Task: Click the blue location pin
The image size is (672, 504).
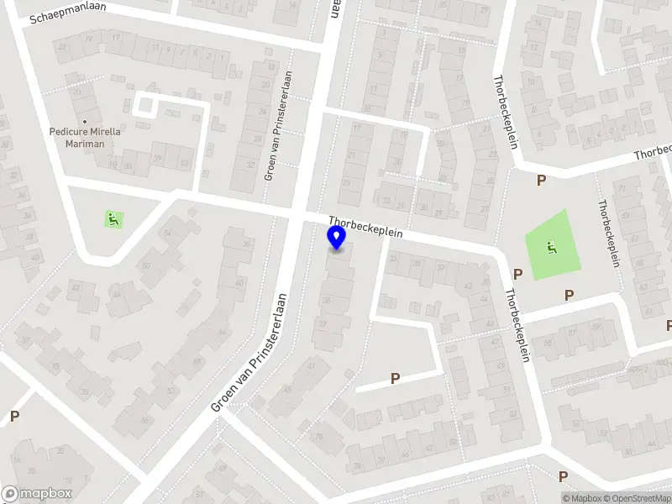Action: [337, 239]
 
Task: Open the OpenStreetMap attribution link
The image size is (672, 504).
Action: [638, 498]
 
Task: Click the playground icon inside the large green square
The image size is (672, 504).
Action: [550, 247]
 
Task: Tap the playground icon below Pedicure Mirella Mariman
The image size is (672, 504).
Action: [113, 219]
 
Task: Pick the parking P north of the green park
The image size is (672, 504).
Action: [541, 180]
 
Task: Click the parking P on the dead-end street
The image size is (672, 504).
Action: [394, 379]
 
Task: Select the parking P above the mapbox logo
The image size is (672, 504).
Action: [14, 416]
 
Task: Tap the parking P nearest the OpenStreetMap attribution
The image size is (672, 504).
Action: [563, 476]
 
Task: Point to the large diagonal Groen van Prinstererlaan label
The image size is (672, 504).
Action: [249, 352]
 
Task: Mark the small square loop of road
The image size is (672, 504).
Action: [146, 106]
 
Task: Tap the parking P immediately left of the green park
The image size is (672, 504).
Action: [518, 274]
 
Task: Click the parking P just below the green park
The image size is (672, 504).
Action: [569, 295]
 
